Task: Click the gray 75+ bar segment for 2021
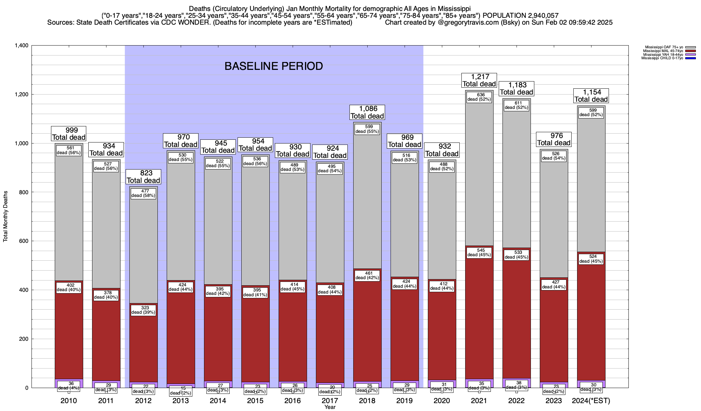click(x=479, y=171)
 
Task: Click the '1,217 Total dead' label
click(x=479, y=80)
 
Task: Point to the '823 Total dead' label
click(x=143, y=177)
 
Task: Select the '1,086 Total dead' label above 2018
click(x=367, y=112)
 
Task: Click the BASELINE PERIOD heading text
click(x=273, y=66)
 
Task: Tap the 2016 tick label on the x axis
click(x=293, y=401)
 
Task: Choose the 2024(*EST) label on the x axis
click(x=591, y=401)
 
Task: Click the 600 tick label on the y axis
click(x=24, y=241)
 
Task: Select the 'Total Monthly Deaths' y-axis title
click(x=5, y=216)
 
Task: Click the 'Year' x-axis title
click(x=330, y=407)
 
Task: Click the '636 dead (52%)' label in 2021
click(x=479, y=97)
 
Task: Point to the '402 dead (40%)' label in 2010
click(x=68, y=287)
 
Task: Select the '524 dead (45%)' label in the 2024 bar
click(x=591, y=259)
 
